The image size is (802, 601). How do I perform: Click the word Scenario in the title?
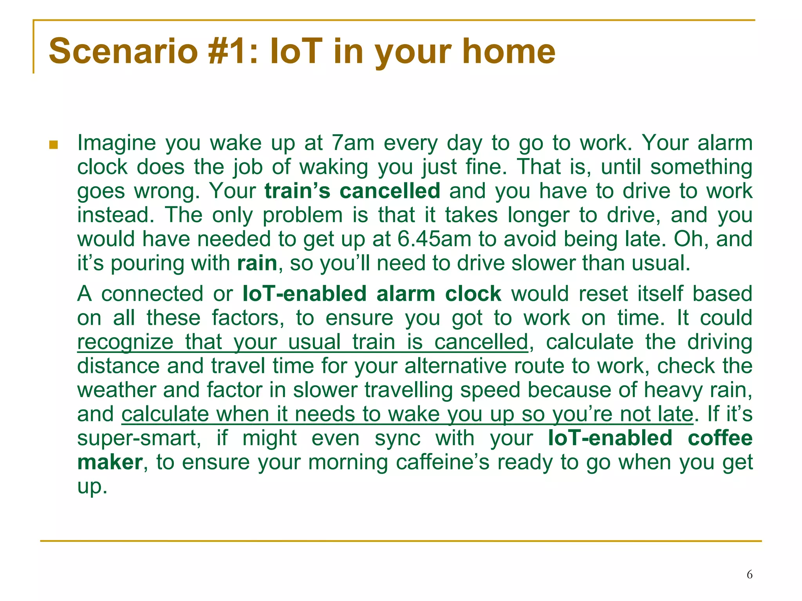tap(123, 51)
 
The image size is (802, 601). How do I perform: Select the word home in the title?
tap(509, 51)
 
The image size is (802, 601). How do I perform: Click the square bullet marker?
tap(54, 146)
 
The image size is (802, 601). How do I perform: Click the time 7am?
tap(353, 143)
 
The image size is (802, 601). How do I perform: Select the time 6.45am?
tap(434, 239)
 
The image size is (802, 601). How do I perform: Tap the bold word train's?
tap(298, 191)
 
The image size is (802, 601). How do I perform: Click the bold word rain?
tap(257, 263)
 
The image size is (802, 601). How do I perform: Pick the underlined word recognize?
tap(125, 342)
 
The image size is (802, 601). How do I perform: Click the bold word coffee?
tap(720, 438)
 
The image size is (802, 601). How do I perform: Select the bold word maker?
tap(110, 462)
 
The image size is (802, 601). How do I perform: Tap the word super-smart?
tap(139, 438)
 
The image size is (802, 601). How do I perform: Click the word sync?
tap(397, 438)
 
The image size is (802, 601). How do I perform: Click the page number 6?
tap(750, 574)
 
